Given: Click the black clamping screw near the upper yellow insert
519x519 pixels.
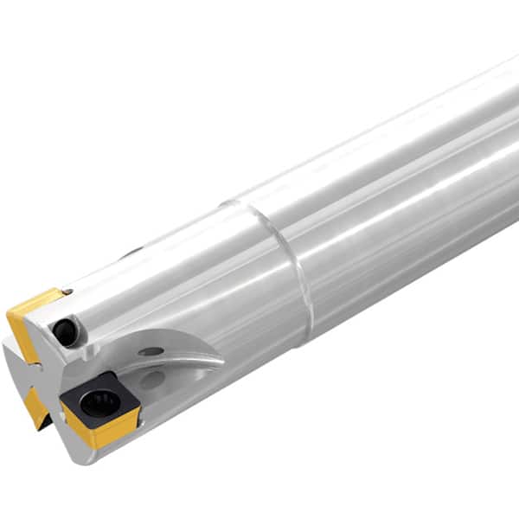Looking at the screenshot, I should [64, 330].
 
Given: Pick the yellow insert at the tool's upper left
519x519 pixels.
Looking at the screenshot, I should [31, 320].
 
